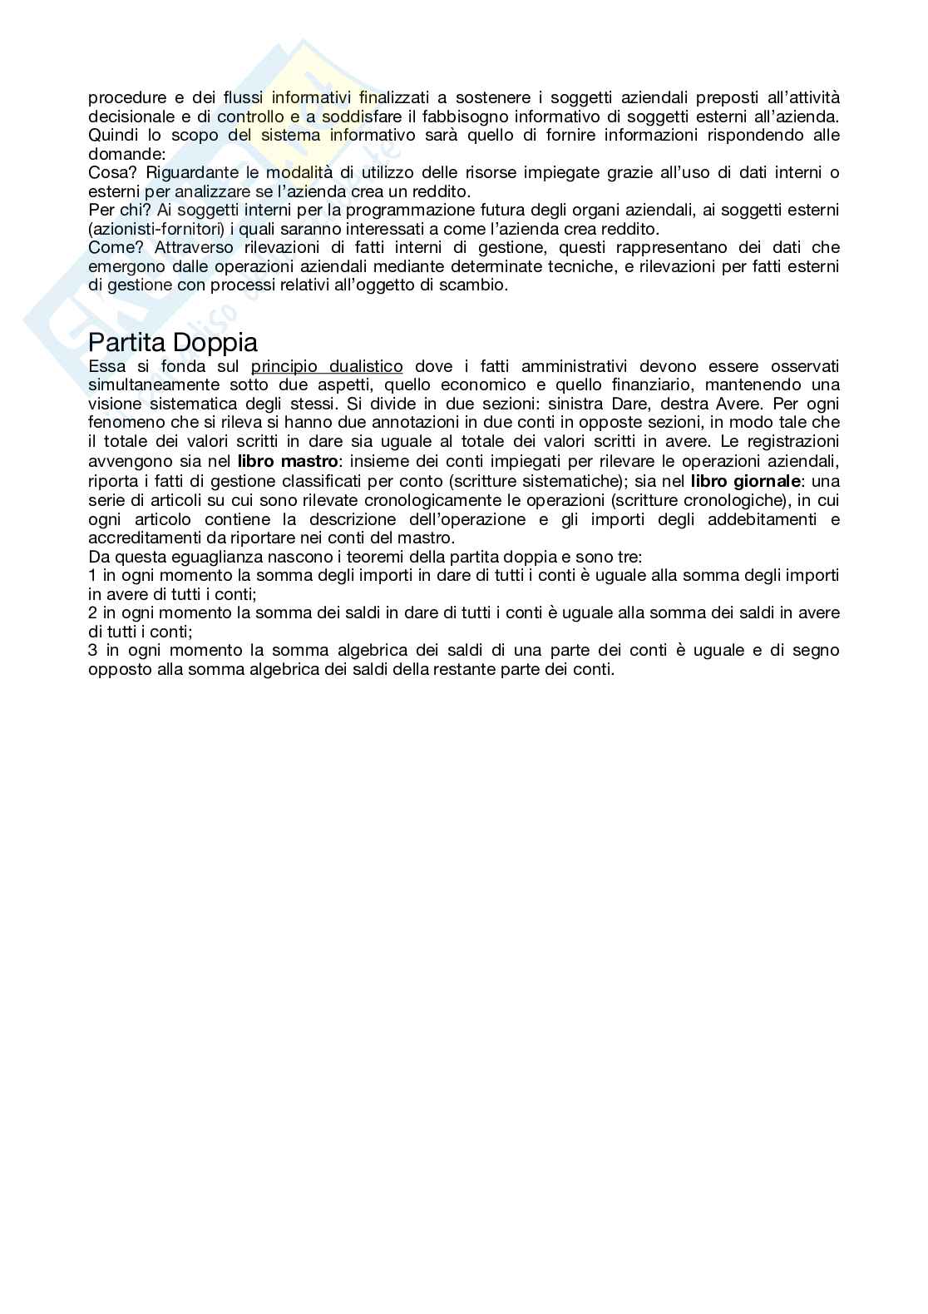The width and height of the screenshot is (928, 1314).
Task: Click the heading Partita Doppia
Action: click(x=173, y=342)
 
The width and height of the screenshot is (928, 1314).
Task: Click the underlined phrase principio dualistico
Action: click(x=327, y=366)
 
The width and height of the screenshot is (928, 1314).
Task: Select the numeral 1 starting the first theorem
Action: click(x=92, y=575)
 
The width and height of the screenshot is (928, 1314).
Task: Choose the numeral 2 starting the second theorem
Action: click(x=92, y=612)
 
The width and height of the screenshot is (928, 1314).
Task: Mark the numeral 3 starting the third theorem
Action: click(x=92, y=650)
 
